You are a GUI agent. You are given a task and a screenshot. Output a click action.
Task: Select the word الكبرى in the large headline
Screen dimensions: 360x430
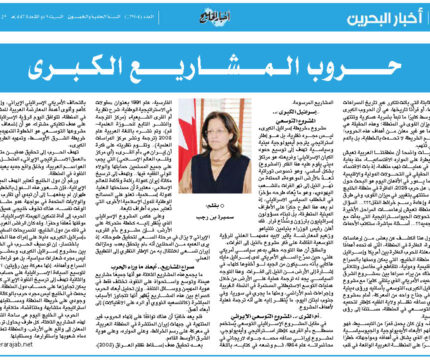tap(99, 71)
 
